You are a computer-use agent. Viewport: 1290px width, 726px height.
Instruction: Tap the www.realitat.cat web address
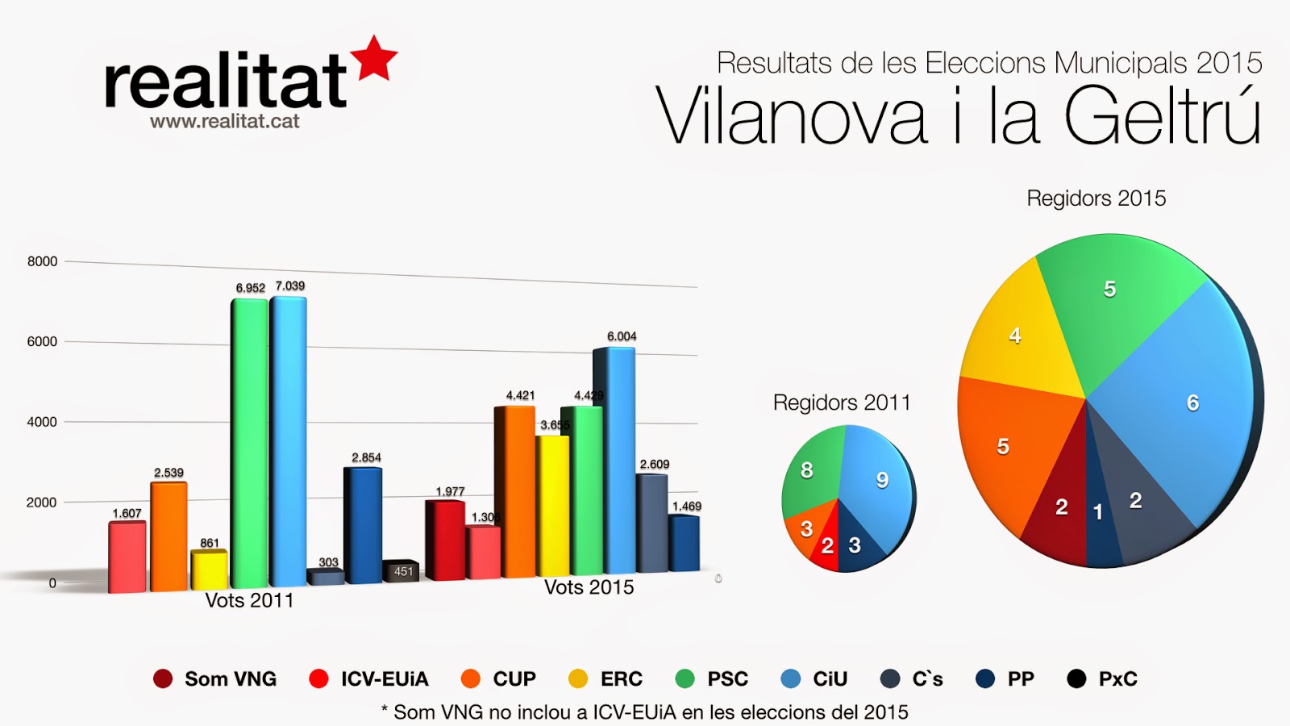(224, 122)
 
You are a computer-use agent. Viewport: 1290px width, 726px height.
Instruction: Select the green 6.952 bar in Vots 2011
(249, 444)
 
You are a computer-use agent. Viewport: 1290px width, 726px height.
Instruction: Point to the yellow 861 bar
(209, 570)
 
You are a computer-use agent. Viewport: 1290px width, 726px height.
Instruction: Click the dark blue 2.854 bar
(363, 524)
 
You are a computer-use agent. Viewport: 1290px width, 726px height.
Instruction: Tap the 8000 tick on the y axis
(42, 261)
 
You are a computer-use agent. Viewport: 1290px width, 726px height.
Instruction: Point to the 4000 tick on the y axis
(42, 422)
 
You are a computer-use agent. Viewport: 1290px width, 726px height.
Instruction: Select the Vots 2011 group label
(249, 601)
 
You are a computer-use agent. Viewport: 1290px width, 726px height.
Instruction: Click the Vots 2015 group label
(589, 588)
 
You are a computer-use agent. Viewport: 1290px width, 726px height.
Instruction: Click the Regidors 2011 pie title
(841, 403)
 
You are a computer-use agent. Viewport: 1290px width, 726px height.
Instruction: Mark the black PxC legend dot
(1076, 679)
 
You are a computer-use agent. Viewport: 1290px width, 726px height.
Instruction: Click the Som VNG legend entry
(215, 679)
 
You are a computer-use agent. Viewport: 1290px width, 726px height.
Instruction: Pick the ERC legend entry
(606, 679)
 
